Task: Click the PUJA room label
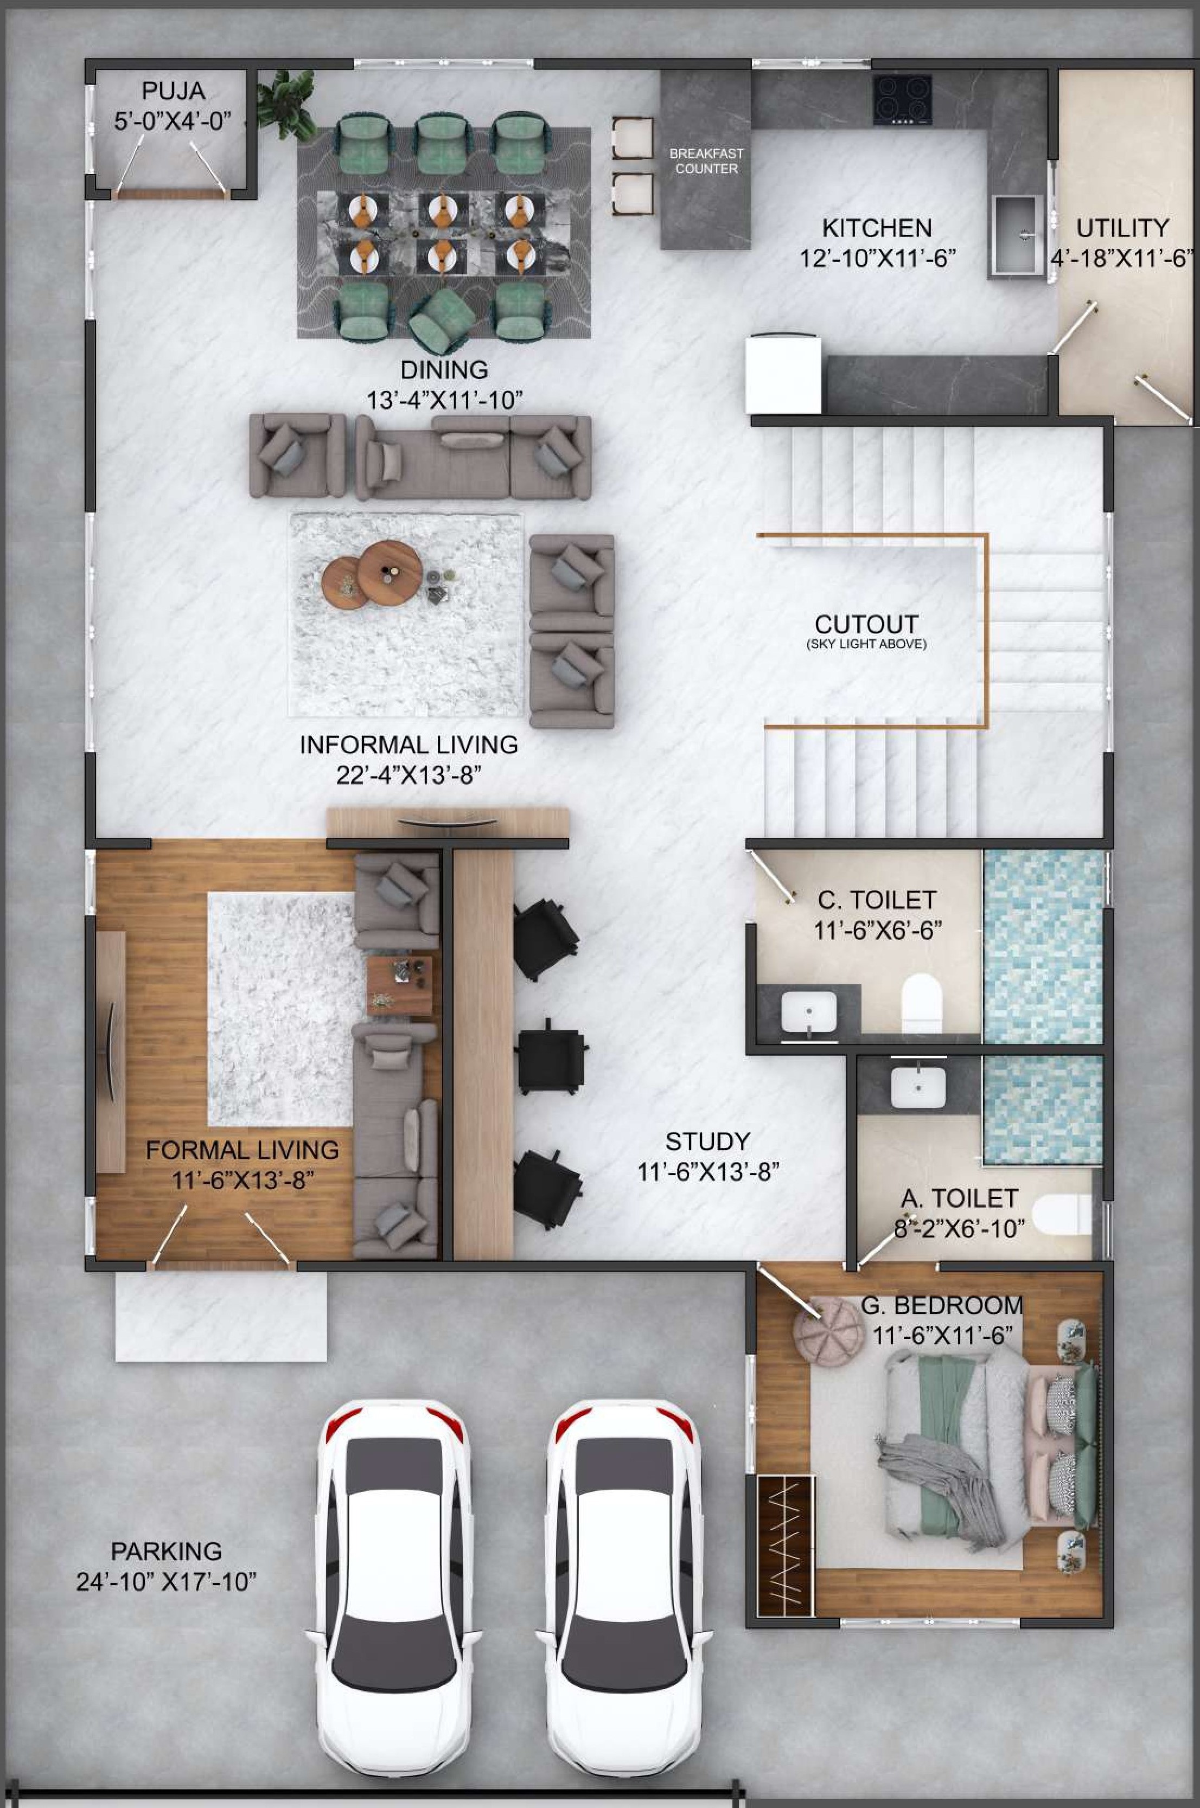[x=174, y=92]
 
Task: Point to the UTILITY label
[x=1123, y=228]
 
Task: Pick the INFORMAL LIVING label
[x=408, y=744]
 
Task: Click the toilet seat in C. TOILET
[x=921, y=1003]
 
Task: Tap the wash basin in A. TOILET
[x=918, y=1087]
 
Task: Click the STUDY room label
[x=707, y=1142]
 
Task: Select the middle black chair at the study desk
[x=551, y=1055]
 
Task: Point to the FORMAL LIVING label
[x=242, y=1150]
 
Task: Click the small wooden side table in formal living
[x=399, y=986]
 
